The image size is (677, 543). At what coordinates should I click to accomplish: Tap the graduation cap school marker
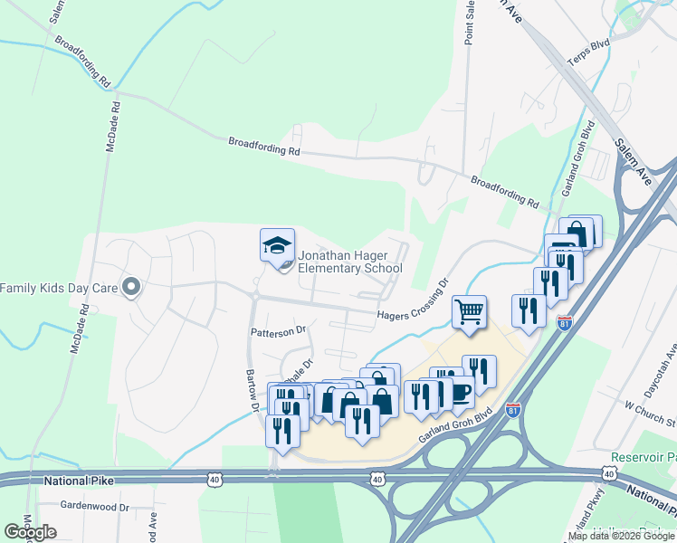coord(277,244)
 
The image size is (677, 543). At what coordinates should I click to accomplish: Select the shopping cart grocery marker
coord(470,312)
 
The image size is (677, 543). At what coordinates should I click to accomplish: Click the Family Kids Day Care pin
coord(131,288)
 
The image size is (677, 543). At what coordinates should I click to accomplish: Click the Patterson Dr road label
coord(279,331)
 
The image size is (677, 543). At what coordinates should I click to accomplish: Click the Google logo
coord(31,531)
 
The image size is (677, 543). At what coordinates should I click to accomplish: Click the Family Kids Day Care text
coord(60,288)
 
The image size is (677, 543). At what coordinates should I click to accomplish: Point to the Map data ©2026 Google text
coord(620,536)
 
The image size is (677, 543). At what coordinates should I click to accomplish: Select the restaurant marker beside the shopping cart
coord(526,311)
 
